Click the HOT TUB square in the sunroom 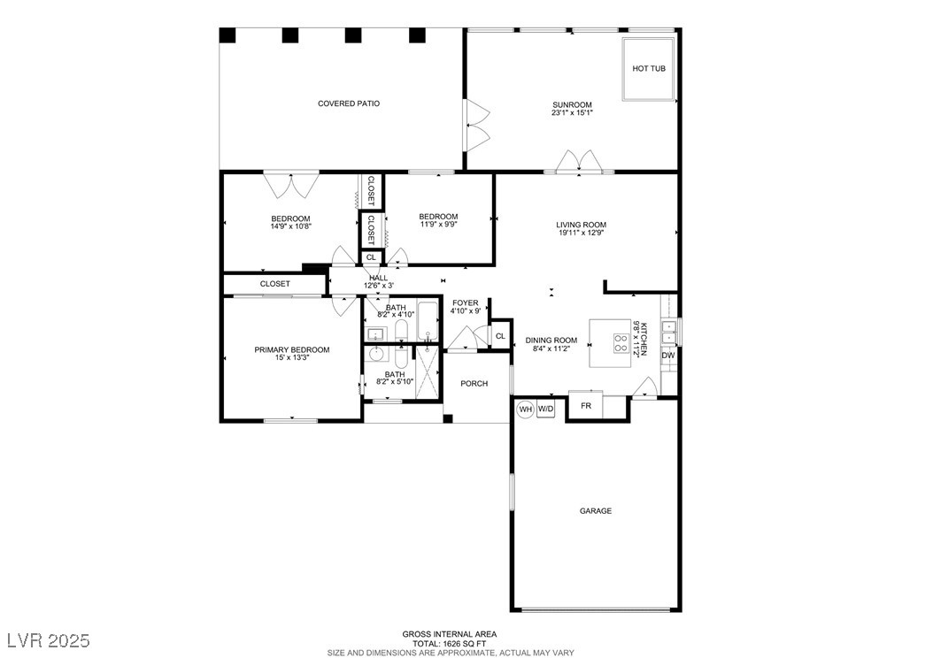649,69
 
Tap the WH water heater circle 525,409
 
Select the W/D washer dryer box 546,409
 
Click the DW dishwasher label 668,356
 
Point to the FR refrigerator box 585,406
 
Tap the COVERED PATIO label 349,103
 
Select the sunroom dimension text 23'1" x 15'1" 572,113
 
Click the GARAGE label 596,510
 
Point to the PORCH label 474,383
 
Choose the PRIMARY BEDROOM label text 292,350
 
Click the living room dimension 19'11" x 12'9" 582,233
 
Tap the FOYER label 465,302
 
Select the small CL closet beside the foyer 500,336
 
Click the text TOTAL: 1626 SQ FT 450,643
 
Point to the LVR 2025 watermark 49,639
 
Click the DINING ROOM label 551,340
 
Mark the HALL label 378,278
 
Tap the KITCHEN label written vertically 644,338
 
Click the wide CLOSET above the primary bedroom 274,284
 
